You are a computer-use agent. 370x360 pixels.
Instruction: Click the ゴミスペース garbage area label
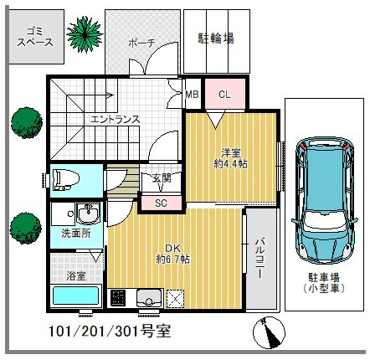tap(35, 37)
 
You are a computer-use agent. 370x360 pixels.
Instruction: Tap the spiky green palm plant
tap(85, 34)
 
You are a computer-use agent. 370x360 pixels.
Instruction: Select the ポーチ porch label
tap(141, 44)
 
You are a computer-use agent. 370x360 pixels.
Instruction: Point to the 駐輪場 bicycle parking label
tap(216, 39)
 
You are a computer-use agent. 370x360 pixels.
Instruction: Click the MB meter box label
tap(192, 95)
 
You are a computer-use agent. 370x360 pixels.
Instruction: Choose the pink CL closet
tap(225, 94)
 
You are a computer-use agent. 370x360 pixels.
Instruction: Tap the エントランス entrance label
tap(115, 120)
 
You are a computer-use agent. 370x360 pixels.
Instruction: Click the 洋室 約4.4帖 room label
tap(230, 158)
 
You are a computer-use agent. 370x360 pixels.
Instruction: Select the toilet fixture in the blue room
tap(66, 180)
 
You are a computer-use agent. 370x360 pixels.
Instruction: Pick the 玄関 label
tap(162, 178)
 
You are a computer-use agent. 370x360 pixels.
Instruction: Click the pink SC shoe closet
tap(162, 203)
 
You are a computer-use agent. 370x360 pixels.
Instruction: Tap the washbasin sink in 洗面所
tap(88, 213)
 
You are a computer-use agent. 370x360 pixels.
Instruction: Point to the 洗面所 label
tap(76, 234)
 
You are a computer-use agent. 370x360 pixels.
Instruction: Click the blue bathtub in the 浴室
tap(76, 296)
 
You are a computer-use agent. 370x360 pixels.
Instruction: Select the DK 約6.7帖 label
tap(173, 254)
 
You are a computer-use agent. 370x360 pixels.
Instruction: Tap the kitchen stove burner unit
tap(118, 298)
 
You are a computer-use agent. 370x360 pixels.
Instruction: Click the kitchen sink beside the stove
tap(149, 298)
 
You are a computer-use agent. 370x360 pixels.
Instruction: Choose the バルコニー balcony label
tap(260, 258)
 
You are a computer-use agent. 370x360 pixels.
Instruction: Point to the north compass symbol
tap(269, 332)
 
